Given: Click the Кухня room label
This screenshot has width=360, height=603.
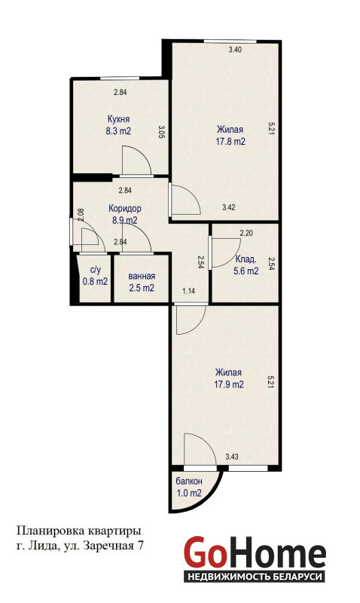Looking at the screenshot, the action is point(118,119).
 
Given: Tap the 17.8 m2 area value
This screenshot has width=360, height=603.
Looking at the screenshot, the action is point(230,142).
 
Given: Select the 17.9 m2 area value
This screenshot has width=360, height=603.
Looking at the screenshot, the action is point(229,384).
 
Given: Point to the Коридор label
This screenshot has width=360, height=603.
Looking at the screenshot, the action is point(125,209).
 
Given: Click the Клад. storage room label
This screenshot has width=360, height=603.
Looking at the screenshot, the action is point(246,259).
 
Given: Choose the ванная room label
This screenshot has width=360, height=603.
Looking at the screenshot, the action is point(142,276).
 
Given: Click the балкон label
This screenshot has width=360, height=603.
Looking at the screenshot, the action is point(189,481).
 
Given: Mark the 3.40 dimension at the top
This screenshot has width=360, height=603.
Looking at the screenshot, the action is point(235,50).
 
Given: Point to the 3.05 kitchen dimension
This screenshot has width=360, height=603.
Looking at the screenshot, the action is point(161,131).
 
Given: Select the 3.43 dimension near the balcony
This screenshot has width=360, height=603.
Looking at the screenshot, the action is point(232,457).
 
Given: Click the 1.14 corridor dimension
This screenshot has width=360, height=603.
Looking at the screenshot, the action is point(188,291).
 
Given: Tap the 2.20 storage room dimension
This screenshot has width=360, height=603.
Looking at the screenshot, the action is point(246,233).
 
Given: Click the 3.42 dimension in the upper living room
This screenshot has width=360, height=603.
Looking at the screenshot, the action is point(229,207).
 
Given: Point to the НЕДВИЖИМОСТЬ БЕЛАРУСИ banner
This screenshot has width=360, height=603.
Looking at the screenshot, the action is point(254,577).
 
